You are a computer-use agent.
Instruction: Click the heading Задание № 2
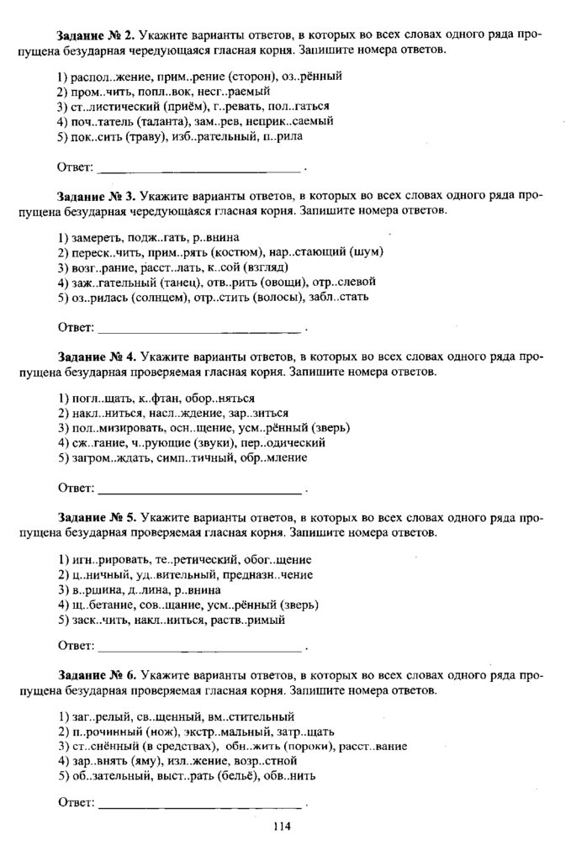pyautogui.click(x=96, y=37)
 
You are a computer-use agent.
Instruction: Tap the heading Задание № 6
pyautogui.click(x=96, y=675)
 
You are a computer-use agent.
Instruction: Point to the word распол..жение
pyautogui.click(x=109, y=77)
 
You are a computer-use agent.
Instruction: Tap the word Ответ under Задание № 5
pyautogui.click(x=74, y=647)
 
